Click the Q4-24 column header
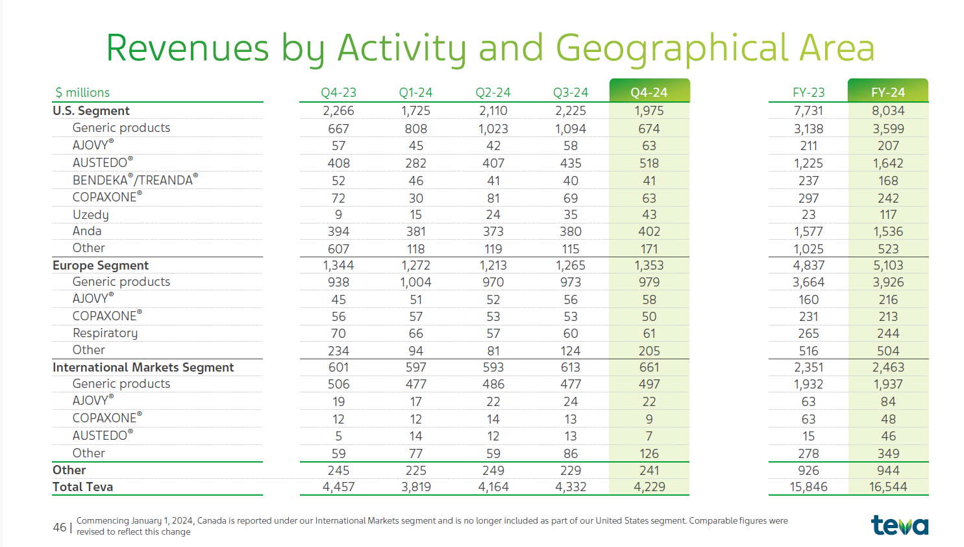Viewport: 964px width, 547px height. pos(649,92)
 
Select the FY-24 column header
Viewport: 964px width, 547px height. pos(888,92)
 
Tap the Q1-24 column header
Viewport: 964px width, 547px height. pos(415,92)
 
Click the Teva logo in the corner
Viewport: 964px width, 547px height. pos(900,525)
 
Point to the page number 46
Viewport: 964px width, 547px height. pos(59,528)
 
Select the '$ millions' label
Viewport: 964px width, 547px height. pos(82,92)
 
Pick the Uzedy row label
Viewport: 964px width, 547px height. pos(90,215)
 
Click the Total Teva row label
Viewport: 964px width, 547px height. pos(82,487)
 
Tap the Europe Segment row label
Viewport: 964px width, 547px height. pos(100,265)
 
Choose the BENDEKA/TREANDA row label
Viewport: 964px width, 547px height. pos(135,179)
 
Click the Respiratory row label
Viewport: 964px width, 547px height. pos(105,333)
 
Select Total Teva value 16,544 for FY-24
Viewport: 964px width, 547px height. pos(888,487)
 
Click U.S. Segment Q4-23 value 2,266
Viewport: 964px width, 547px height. pos(338,110)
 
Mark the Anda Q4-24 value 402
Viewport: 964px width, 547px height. pos(649,231)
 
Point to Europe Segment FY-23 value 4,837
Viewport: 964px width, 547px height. pos(809,265)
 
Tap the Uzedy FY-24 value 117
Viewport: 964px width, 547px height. pos(888,214)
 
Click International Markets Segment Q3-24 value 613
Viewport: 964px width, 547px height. pos(571,368)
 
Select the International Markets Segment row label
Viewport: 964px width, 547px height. pos(143,368)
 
